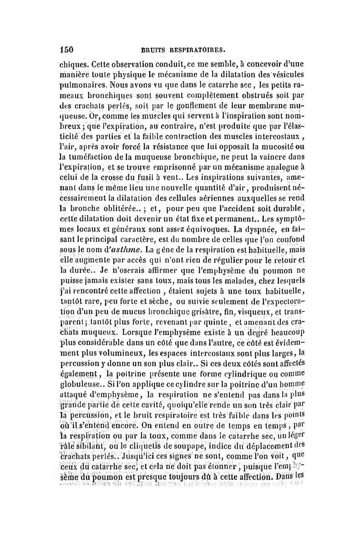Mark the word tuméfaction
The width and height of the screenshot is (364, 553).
pos(93,158)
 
